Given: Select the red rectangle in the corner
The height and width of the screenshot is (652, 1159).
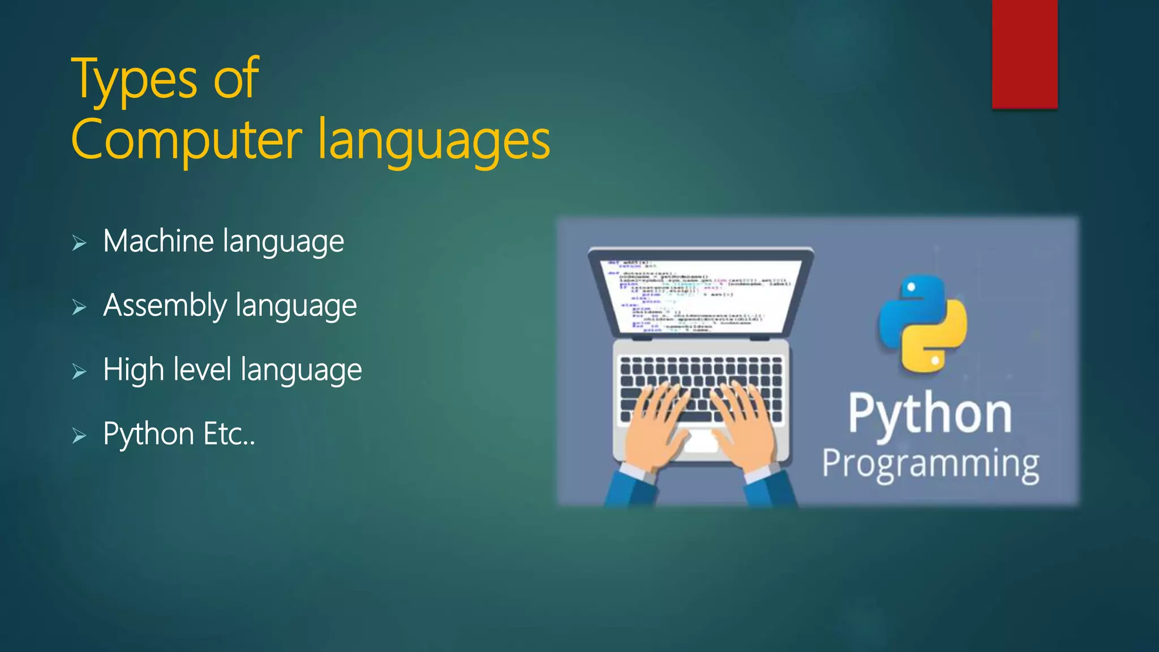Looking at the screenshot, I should (x=1024, y=54).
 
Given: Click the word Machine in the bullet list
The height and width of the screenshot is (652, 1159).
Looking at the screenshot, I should (x=158, y=241).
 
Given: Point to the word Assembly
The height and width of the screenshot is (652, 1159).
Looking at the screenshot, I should (x=165, y=306).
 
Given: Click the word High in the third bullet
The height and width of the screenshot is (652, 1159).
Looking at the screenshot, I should (x=134, y=370).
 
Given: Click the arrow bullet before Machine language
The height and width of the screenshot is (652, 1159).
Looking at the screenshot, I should (x=79, y=243).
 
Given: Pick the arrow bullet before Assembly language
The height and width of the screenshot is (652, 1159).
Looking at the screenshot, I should (x=79, y=307).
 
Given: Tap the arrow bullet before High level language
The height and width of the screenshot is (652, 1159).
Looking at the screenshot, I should (x=79, y=372).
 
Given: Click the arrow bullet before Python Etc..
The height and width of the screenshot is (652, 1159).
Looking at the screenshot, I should (x=79, y=436).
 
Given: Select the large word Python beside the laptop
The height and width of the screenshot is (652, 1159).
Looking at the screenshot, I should (x=930, y=415).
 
